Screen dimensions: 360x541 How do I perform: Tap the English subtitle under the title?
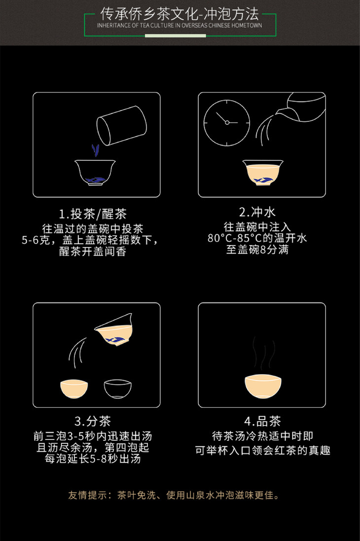point(180,26)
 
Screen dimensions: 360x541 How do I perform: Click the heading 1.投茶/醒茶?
point(93,214)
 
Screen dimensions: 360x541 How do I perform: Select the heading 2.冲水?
point(257,212)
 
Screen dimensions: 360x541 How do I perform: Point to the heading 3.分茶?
point(93,421)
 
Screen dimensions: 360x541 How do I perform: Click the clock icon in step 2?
point(227,122)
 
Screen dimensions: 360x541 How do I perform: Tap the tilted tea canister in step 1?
point(121,125)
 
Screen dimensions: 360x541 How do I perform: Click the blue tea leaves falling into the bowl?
point(95,150)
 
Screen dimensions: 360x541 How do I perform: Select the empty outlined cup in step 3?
point(118,389)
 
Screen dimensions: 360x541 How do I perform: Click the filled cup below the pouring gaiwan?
point(74,389)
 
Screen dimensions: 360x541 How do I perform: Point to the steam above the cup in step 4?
point(264,353)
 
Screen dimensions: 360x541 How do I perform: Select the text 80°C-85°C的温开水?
point(257,238)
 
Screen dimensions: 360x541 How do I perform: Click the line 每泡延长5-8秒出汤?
point(93,459)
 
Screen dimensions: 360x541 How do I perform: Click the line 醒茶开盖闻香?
point(93,251)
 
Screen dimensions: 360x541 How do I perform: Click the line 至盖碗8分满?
point(257,250)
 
